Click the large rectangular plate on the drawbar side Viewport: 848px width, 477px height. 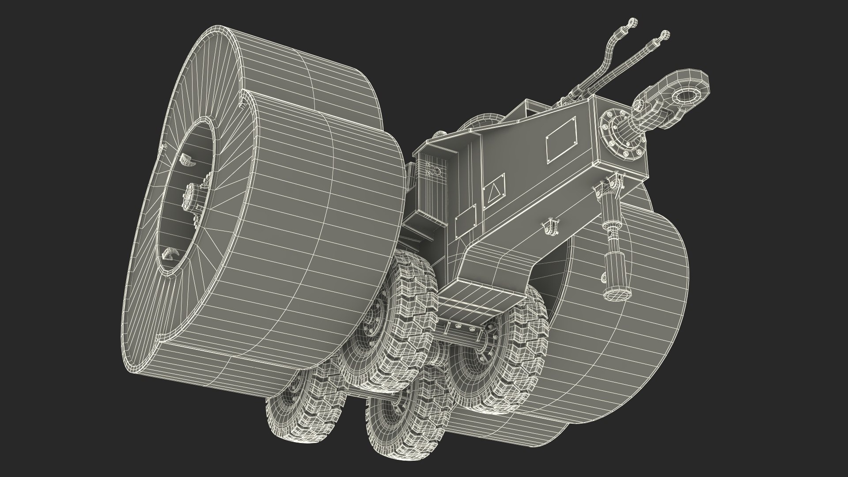click(x=561, y=140)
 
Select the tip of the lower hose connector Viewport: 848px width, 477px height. click(x=664, y=34)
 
